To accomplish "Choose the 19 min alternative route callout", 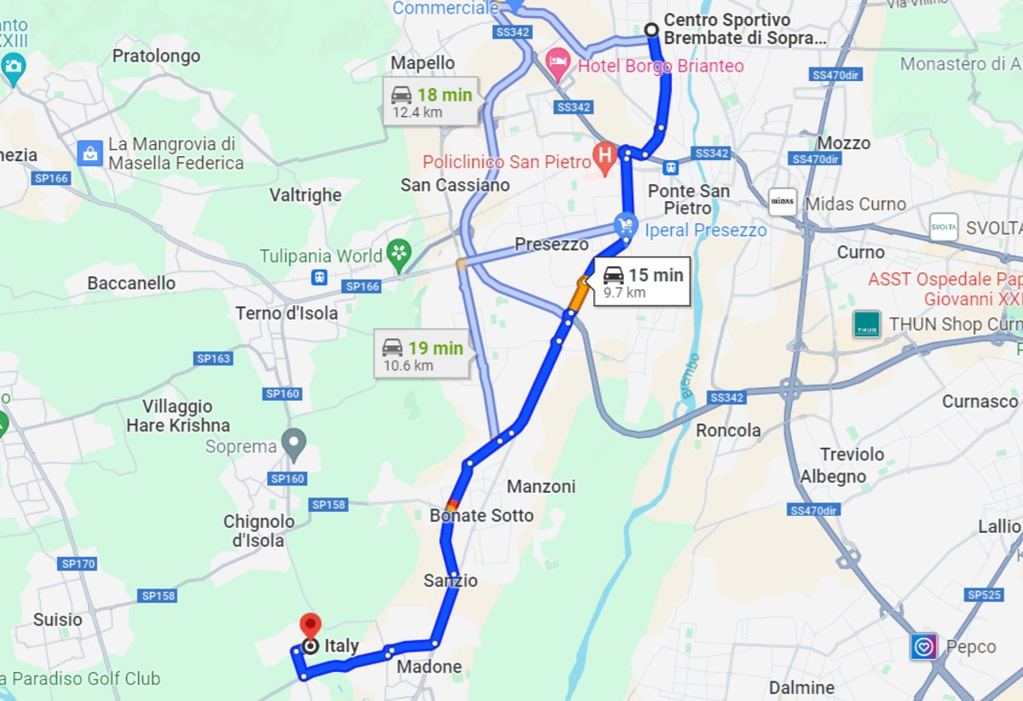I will (422, 354).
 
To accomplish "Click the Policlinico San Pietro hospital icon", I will (604, 156).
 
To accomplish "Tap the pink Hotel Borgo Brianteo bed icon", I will (558, 60).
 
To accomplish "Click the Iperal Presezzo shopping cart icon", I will (626, 225).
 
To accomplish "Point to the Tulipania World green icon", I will (398, 252).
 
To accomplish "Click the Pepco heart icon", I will (924, 646).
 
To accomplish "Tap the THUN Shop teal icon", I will (866, 324).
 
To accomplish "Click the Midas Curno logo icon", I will (782, 202).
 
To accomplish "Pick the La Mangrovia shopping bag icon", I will (90, 154).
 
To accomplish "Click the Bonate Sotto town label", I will (482, 516).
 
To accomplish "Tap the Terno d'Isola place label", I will (286, 313).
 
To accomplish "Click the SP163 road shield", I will (213, 359).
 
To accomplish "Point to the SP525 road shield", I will (985, 594).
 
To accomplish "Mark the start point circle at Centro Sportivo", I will (651, 30).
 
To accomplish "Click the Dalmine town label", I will (801, 687).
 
